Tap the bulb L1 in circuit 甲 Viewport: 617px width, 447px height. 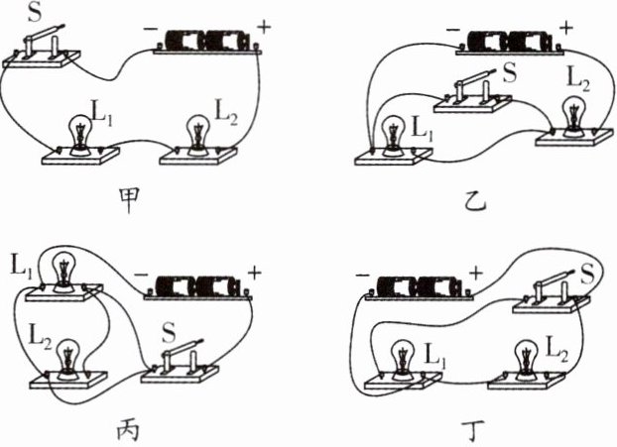click(x=76, y=135)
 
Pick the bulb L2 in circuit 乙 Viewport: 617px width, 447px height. click(x=572, y=114)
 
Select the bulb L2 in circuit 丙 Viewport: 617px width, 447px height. click(x=66, y=355)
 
